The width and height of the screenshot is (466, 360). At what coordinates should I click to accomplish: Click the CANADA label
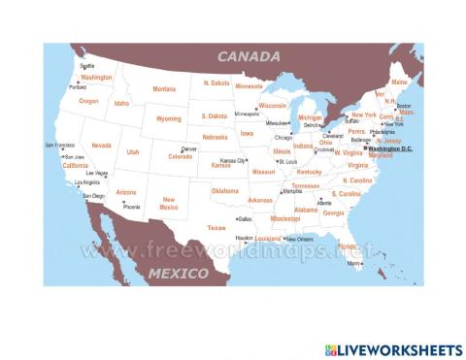coord(249,56)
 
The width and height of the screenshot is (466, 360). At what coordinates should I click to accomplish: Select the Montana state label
coord(164,89)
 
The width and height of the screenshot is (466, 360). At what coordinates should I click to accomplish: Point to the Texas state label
coord(216,228)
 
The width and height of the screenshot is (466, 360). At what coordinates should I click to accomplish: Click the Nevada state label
coord(101,146)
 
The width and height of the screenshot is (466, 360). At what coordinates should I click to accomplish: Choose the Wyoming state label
coord(169,118)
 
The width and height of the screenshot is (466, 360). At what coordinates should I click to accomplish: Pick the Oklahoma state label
coord(224,191)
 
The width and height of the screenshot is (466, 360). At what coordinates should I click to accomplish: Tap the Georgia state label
coord(334,213)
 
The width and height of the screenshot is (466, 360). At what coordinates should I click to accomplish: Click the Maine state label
coord(399,82)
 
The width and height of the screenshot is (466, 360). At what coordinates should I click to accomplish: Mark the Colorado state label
coord(181,156)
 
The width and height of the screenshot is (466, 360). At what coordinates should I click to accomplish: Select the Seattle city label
coord(87,66)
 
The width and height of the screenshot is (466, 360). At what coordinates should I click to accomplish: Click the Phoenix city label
coord(132,207)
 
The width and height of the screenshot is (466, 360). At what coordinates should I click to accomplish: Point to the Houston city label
coord(245,238)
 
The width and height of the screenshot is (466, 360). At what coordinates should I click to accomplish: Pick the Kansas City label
coord(234,160)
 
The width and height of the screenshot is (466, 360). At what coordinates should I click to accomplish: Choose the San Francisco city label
coord(60,146)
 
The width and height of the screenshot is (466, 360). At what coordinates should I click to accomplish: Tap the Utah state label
coord(133,152)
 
